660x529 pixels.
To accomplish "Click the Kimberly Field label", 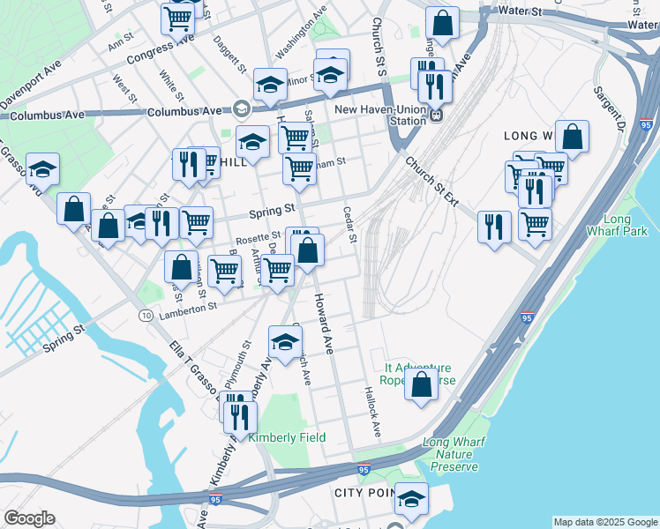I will tap(287, 438).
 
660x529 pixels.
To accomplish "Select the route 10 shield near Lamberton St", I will tap(146, 315).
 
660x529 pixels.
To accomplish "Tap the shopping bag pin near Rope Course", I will tap(422, 384).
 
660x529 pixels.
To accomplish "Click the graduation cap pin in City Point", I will tap(410, 499).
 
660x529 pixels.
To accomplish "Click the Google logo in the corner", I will tap(29, 518).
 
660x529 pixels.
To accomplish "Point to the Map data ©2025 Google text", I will tap(605, 522).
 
